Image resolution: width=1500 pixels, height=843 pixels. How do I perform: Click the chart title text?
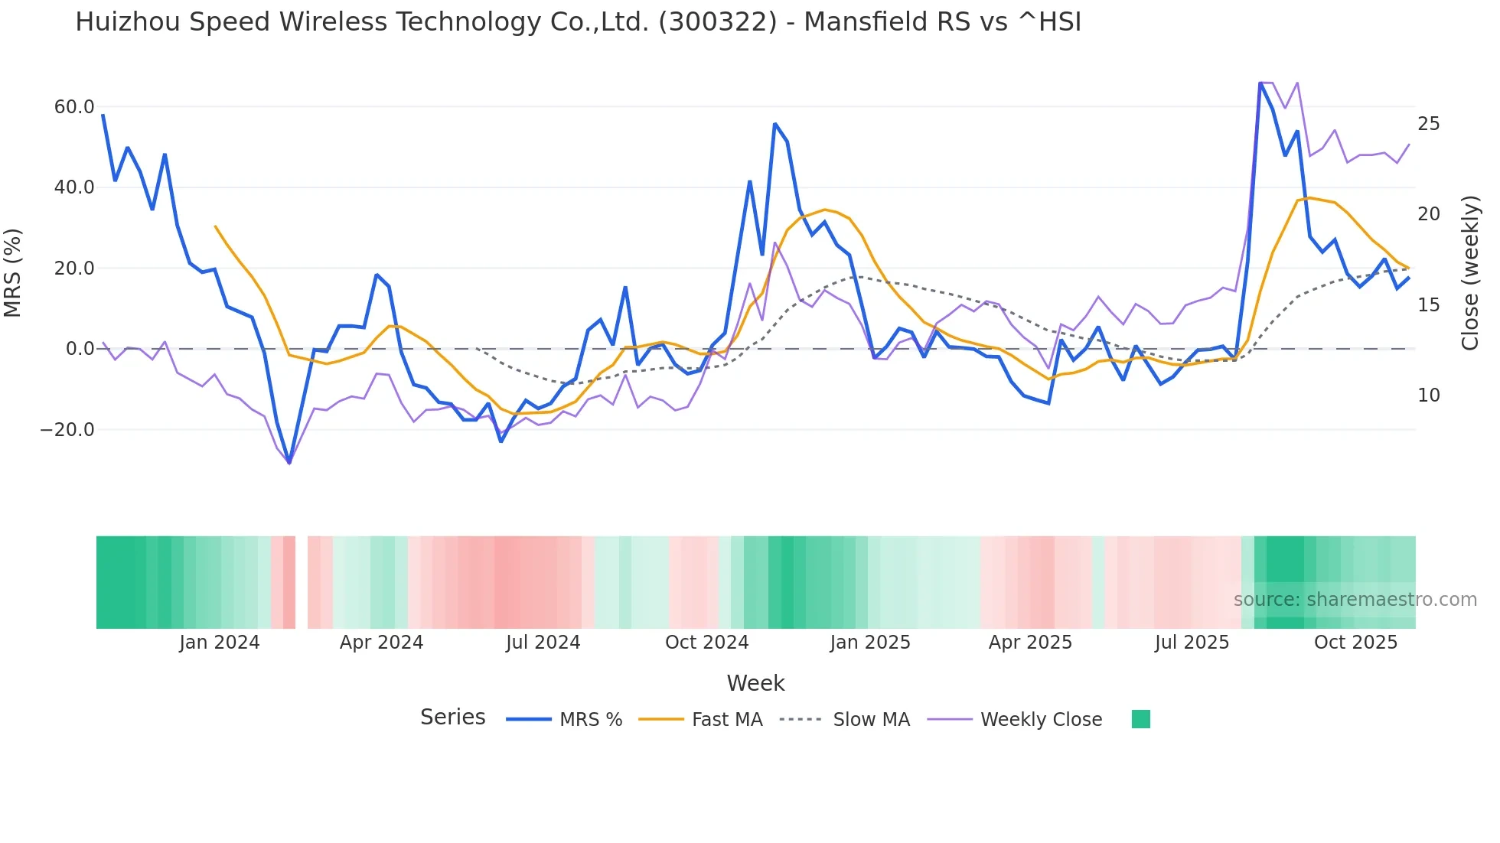[x=578, y=22]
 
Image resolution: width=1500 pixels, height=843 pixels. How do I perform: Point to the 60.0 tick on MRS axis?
[x=74, y=107]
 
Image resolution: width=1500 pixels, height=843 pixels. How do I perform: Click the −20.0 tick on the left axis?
[x=67, y=430]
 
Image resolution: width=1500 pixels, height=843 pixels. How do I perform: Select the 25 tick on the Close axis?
[x=1428, y=124]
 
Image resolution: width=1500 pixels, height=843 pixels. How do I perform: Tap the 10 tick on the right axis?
[x=1428, y=395]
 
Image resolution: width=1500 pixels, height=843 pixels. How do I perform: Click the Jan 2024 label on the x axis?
[x=220, y=643]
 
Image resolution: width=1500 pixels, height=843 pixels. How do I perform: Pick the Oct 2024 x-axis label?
[x=706, y=643]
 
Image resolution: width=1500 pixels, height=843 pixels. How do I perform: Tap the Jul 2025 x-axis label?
[x=1192, y=643]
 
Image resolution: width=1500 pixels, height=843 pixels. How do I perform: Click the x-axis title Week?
[x=755, y=683]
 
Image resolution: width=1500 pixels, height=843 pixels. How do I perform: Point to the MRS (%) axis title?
[x=13, y=272]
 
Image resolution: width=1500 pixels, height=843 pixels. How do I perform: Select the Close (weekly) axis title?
[x=1470, y=272]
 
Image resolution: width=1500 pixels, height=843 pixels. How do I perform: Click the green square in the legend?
[x=1140, y=719]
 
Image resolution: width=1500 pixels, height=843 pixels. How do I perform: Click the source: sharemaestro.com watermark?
[x=1355, y=600]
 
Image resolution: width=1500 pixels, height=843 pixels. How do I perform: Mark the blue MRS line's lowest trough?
[x=289, y=462]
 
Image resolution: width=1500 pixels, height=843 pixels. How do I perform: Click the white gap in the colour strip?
[x=302, y=582]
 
